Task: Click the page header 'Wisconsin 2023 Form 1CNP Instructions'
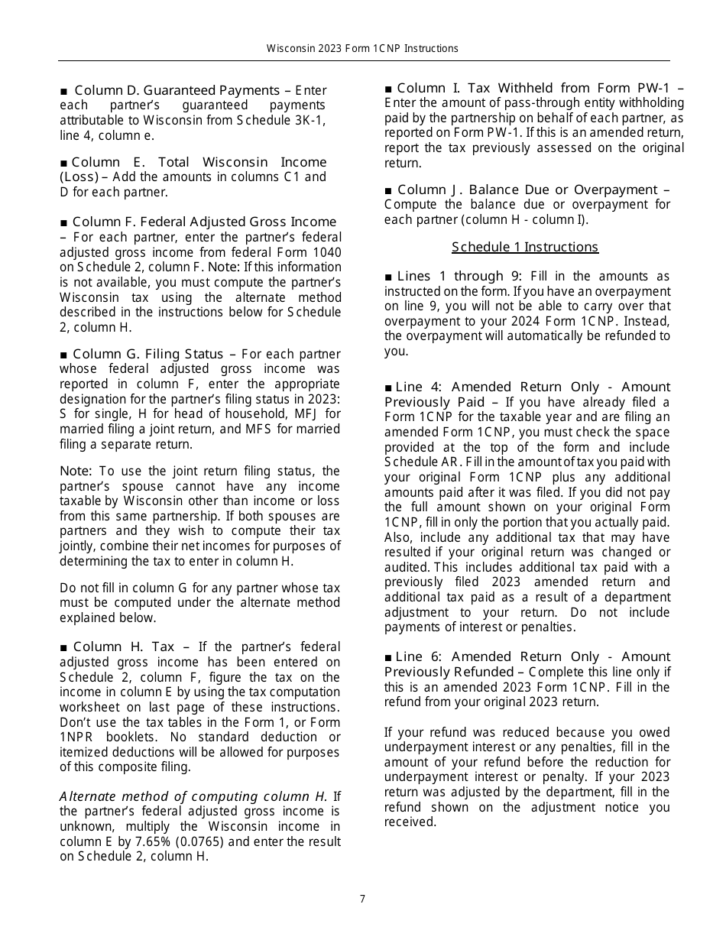362,48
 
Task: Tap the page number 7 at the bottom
363,899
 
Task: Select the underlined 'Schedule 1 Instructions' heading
524,247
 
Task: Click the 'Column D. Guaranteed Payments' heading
176,90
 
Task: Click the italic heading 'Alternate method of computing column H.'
193,796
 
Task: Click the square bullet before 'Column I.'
388,89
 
